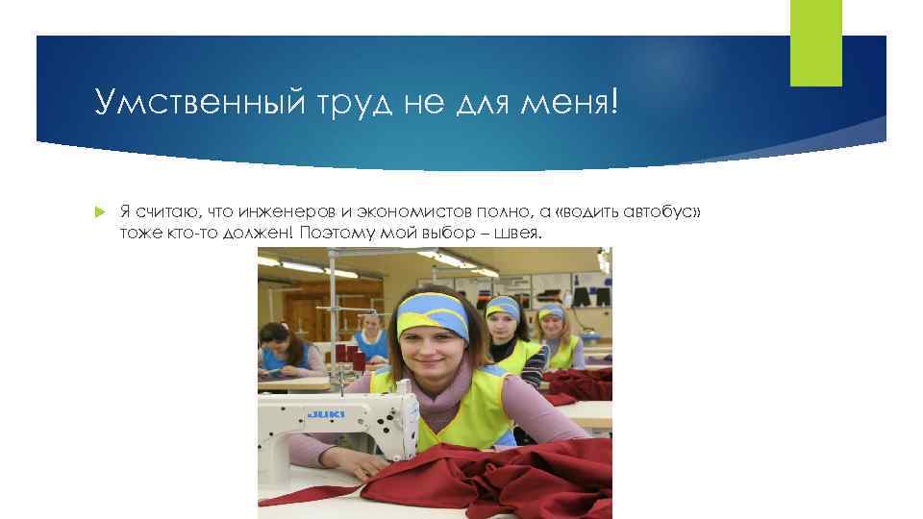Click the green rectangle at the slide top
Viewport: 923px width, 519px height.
[x=815, y=42]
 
